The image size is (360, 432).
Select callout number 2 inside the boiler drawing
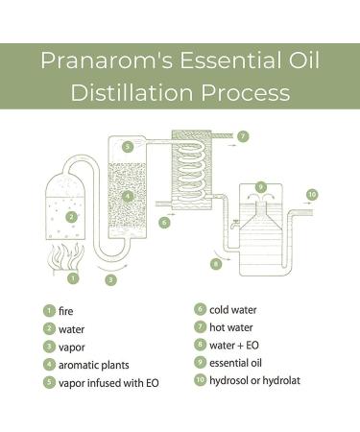click(x=71, y=217)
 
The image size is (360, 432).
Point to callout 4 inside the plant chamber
click(x=128, y=197)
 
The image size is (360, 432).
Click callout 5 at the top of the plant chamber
click(x=127, y=147)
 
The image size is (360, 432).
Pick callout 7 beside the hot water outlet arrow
click(x=243, y=136)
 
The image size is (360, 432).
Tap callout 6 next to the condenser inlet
click(x=164, y=222)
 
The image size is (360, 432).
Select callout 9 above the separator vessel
click(x=260, y=185)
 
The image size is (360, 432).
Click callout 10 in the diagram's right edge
click(x=311, y=194)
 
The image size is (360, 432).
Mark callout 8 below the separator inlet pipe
click(x=216, y=262)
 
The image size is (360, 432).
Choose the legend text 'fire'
click(x=66, y=311)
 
